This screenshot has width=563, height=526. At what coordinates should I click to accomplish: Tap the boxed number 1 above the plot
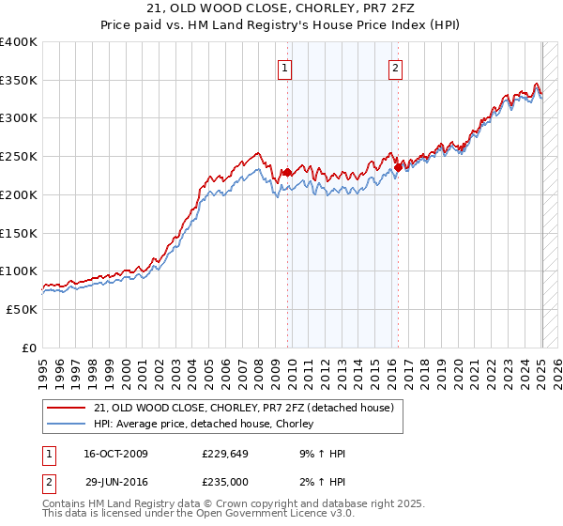284,68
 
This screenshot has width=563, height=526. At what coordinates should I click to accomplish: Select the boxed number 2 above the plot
396,68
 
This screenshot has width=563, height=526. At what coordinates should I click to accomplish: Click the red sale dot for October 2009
287,172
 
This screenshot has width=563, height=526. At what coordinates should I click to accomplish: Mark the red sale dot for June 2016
398,167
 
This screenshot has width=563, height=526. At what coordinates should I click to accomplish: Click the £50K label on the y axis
22,309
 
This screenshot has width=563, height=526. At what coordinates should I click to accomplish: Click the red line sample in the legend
68,409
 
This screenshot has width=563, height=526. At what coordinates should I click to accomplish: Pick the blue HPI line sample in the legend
68,425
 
